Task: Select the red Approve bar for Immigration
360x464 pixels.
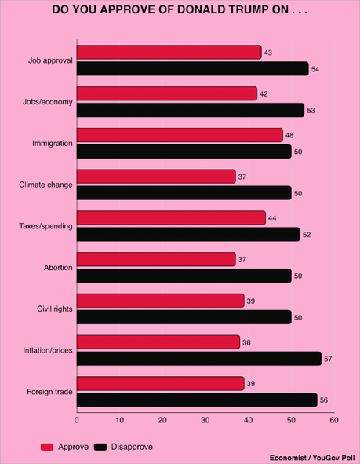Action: click(x=180, y=135)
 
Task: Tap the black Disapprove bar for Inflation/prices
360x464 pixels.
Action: click(x=198, y=359)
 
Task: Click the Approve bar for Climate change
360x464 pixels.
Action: click(x=156, y=177)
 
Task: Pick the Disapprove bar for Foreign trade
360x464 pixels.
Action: click(x=197, y=400)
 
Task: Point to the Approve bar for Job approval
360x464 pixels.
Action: click(x=169, y=52)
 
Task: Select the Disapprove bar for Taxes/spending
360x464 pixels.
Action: click(x=188, y=234)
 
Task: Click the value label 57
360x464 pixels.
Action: click(x=329, y=359)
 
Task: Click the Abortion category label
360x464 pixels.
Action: click(x=58, y=268)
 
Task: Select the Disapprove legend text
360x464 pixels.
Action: click(x=131, y=446)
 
